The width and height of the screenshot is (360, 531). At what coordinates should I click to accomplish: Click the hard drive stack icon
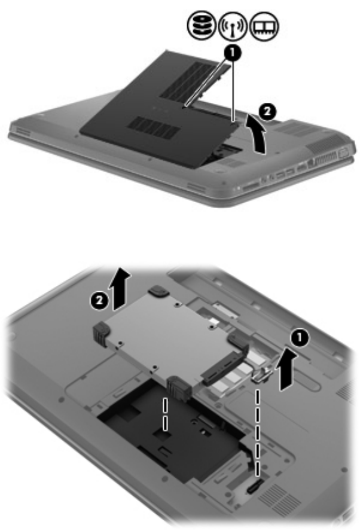tap(201, 25)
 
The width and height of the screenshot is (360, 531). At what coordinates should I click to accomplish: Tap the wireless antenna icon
tap(232, 26)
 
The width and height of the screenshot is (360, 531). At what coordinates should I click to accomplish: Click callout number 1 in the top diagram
tap(232, 53)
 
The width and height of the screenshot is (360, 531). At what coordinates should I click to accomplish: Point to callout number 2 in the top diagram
tap(267, 111)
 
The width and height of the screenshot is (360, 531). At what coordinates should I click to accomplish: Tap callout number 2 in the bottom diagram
tap(99, 300)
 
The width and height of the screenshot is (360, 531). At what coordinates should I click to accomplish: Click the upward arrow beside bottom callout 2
tap(121, 288)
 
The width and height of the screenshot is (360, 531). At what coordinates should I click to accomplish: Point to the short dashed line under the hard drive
tap(165, 414)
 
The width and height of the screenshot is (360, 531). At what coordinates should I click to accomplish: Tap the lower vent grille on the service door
tap(154, 127)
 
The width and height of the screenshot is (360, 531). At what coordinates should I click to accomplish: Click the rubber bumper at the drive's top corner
tap(159, 290)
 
